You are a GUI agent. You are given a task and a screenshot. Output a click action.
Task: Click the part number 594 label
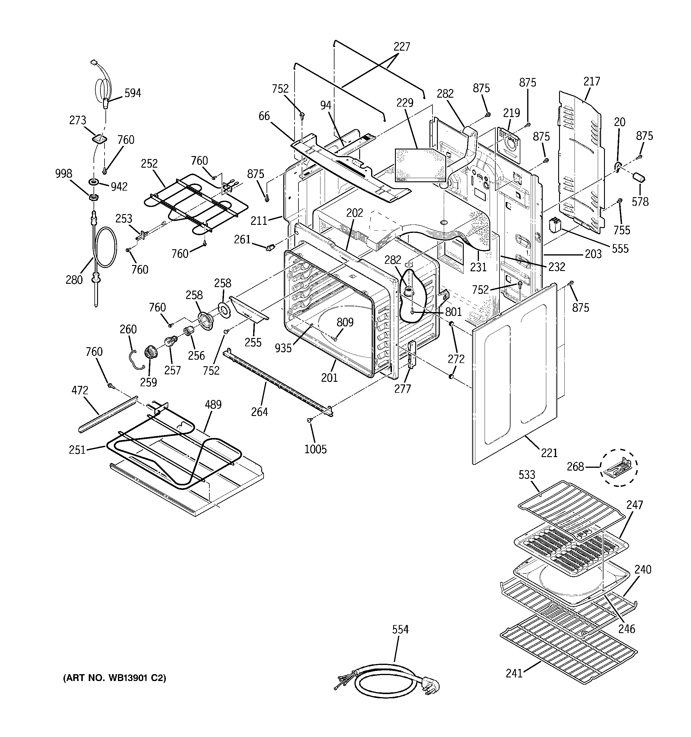click(x=133, y=93)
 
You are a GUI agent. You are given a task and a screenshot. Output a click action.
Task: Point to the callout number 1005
click(x=315, y=449)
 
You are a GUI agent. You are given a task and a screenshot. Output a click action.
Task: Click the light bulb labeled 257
click(x=169, y=340)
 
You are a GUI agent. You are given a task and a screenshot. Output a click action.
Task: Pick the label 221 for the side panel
click(x=549, y=453)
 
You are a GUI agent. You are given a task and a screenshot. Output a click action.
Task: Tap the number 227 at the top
click(x=402, y=47)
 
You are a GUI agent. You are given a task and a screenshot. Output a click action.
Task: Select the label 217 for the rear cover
click(x=591, y=81)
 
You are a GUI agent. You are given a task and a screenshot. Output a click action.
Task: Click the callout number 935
click(x=283, y=348)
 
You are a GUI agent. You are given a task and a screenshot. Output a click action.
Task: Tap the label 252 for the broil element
click(x=149, y=163)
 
